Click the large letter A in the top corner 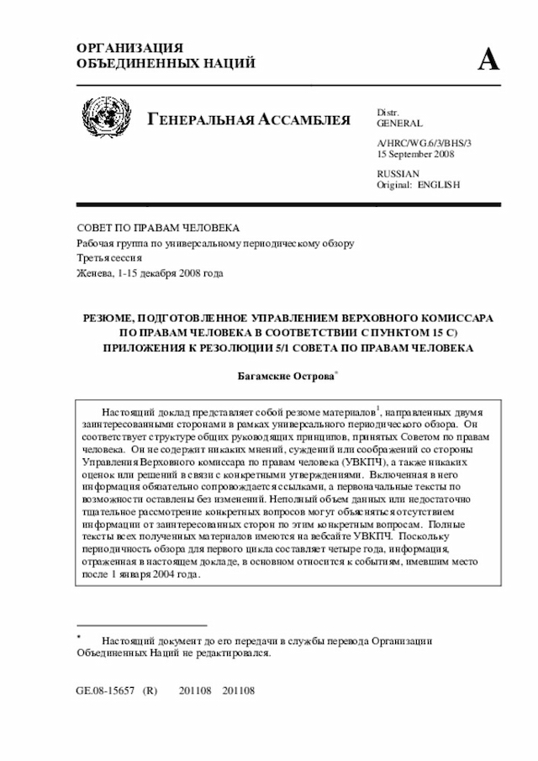pyautogui.click(x=489, y=60)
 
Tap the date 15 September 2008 pyautogui.click(x=416, y=155)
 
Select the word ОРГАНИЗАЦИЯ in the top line pyautogui.click(x=129, y=48)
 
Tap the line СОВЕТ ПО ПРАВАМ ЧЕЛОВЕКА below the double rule pyautogui.click(x=158, y=228)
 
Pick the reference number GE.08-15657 pyautogui.click(x=105, y=691)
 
